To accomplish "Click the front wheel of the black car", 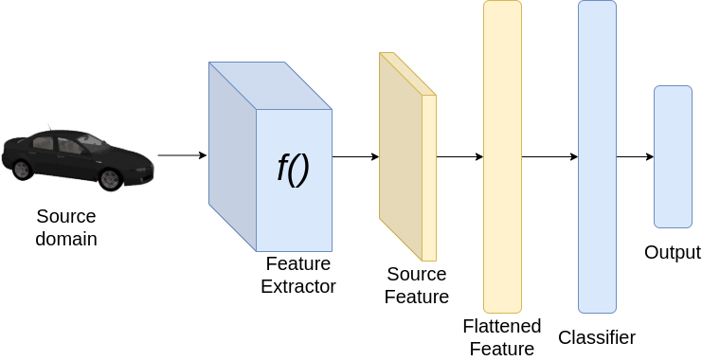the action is coord(110,179).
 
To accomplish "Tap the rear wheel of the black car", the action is coord(23,170).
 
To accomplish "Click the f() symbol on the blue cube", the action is coord(294,170).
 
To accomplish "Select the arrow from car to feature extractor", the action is coord(182,155).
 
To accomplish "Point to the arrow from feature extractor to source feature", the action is coord(355,156).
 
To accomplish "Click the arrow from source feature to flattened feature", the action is coord(459,156).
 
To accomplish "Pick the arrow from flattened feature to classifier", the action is coord(549,156).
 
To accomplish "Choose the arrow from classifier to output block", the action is coord(636,156).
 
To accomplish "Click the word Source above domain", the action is coord(65,217).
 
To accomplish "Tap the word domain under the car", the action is coord(66,239).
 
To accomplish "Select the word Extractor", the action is coord(298,287).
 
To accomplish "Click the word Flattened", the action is coord(502,326).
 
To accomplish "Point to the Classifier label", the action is coord(597,337).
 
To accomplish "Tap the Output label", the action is coord(673,253).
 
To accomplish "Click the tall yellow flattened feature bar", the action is coord(502,156).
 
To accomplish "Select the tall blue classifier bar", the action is coord(597,156).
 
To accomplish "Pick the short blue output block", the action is coord(673,156).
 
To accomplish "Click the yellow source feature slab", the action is coord(407,156).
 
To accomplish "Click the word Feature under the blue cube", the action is coord(298,263).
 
